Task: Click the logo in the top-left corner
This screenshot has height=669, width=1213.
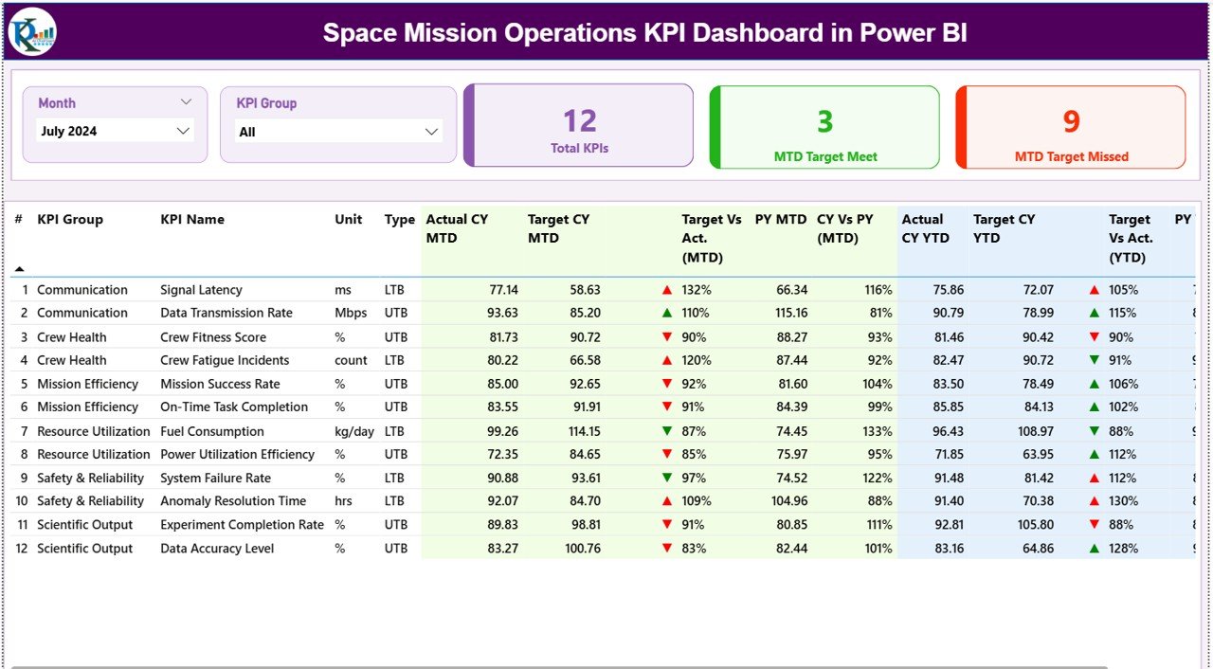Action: [32, 32]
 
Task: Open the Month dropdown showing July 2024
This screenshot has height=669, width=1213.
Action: [183, 132]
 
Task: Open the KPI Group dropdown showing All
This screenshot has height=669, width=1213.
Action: [431, 132]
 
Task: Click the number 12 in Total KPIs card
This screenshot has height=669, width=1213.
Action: [579, 121]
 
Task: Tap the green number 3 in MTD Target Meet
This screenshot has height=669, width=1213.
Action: [824, 121]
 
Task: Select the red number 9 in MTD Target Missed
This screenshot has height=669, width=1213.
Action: [1071, 121]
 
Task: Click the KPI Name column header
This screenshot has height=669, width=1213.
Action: [192, 219]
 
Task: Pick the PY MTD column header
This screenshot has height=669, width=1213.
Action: [780, 219]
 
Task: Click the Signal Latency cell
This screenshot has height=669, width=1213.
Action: [201, 290]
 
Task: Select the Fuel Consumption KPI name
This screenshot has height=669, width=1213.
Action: [212, 431]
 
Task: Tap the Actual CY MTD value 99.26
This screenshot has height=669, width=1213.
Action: [502, 431]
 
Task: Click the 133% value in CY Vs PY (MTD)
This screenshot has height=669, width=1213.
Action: [878, 431]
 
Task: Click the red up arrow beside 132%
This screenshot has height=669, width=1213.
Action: [667, 290]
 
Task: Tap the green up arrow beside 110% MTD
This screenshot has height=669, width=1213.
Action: [667, 313]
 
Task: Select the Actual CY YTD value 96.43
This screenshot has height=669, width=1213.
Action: [948, 431]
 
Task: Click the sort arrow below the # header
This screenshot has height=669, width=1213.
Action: [19, 269]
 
